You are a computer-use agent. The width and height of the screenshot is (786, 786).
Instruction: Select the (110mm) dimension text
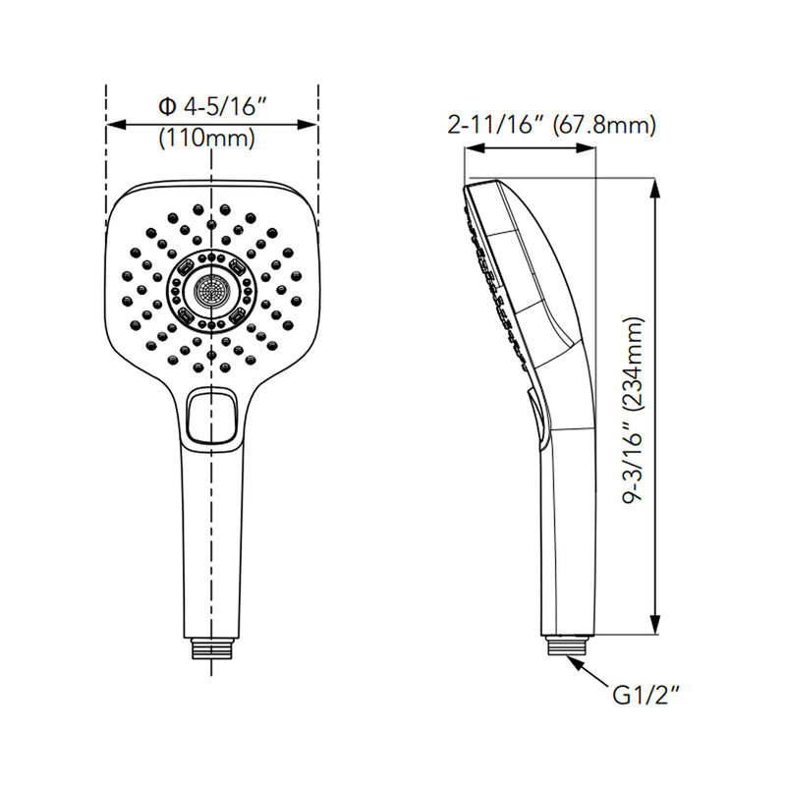[206, 139]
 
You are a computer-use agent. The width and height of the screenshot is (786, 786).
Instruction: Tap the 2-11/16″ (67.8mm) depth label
[552, 125]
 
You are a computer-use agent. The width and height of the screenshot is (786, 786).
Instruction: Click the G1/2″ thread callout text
[647, 696]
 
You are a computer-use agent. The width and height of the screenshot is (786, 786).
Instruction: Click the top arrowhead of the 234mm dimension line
[654, 188]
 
